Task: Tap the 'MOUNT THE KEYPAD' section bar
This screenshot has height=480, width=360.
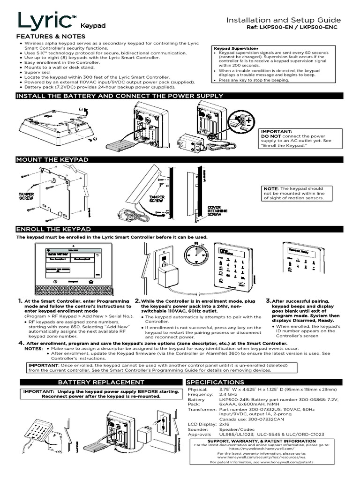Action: click(52, 160)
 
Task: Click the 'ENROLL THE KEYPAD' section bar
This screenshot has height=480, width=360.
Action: click(53, 229)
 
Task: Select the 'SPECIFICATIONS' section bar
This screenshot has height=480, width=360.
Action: click(216, 382)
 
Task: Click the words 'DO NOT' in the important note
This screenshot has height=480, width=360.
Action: click(270, 137)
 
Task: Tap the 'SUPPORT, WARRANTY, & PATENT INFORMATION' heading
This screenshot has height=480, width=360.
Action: click(269, 441)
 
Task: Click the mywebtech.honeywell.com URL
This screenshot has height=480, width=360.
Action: click(269, 450)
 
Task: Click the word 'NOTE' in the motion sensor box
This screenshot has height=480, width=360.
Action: click(270, 188)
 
